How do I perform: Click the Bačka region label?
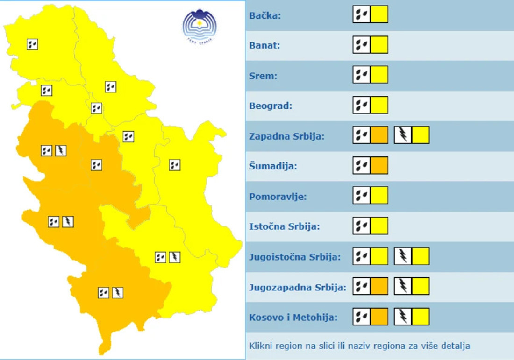click(x=263, y=16)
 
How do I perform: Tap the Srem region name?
click(x=263, y=76)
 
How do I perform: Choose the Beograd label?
click(x=271, y=106)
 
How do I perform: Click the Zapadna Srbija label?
click(x=287, y=136)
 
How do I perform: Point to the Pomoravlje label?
click(x=278, y=197)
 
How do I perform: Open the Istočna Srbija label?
click(x=285, y=227)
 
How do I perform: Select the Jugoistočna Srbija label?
click(x=295, y=257)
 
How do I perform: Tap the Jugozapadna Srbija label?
click(x=298, y=287)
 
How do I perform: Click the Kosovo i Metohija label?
click(x=293, y=318)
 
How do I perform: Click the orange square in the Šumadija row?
click(x=379, y=165)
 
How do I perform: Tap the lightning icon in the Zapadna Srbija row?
click(x=403, y=135)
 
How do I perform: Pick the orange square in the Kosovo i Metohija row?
click(x=379, y=317)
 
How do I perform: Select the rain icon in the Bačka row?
click(x=362, y=14)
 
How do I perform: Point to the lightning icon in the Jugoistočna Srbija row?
click(x=403, y=256)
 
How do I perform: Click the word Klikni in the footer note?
click(x=260, y=346)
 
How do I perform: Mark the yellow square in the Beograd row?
click(x=379, y=105)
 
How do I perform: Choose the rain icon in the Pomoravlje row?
click(x=362, y=195)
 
